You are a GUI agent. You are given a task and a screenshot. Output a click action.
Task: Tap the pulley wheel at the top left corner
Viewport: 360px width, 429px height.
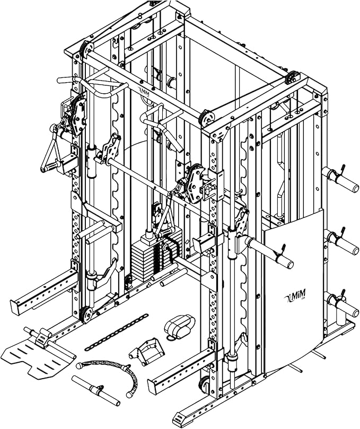[80, 51]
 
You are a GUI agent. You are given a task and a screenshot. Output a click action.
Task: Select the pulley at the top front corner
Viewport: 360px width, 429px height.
[205, 118]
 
